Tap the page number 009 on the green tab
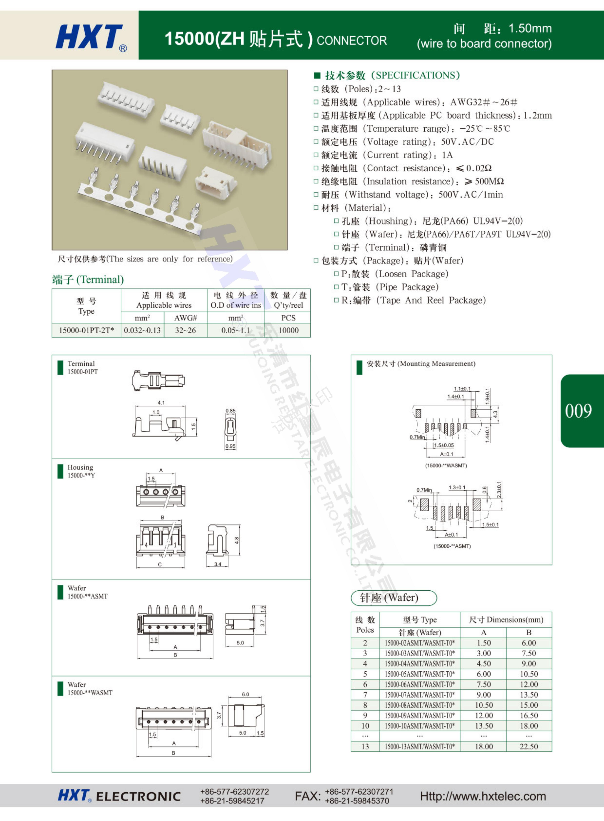(x=578, y=411)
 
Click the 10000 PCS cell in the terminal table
(x=288, y=330)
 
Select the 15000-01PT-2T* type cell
(x=86, y=330)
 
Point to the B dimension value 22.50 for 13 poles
(x=529, y=746)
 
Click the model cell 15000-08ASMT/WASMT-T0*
(x=420, y=705)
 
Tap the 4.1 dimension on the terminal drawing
(x=161, y=403)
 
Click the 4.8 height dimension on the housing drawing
(x=237, y=540)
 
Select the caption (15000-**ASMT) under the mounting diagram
(x=452, y=546)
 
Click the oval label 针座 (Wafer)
(x=394, y=598)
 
